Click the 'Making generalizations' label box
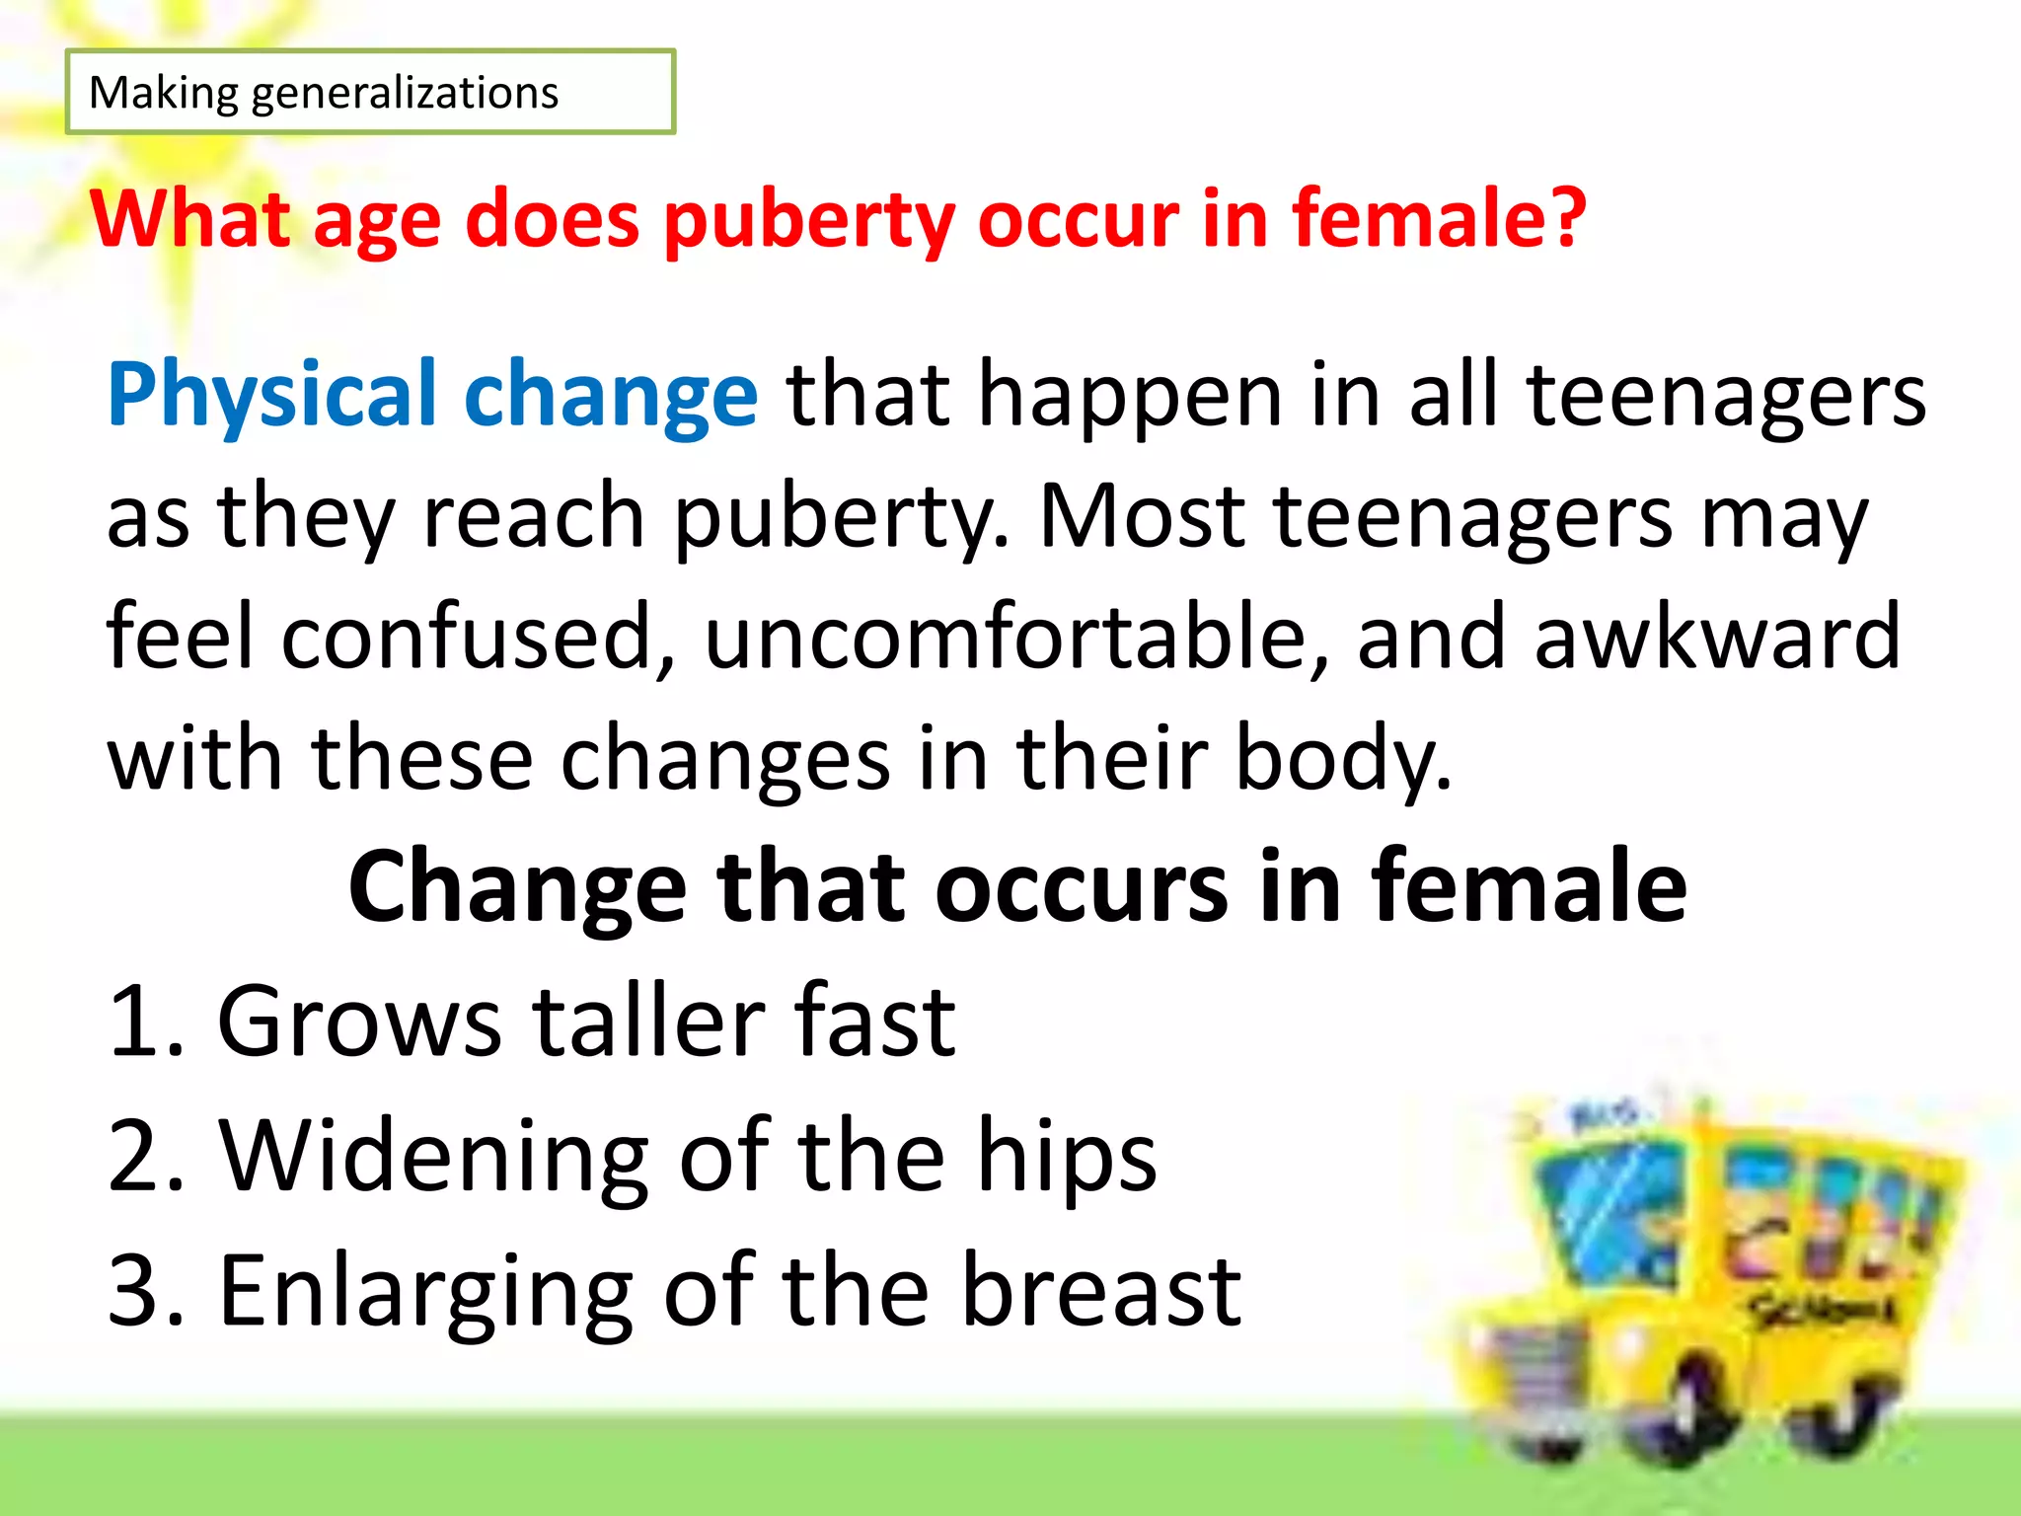[370, 92]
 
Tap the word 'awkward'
[1717, 637]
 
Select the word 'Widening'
[434, 1157]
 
